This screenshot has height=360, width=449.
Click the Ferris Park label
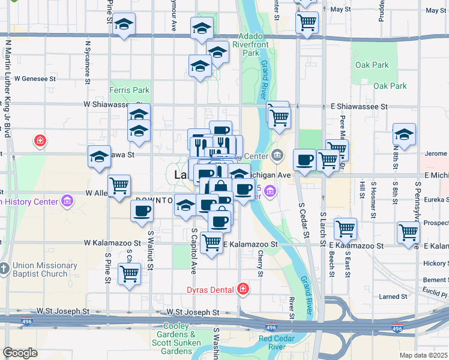[129, 91]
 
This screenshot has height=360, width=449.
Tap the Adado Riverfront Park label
[259, 44]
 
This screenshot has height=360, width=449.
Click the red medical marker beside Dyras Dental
[243, 290]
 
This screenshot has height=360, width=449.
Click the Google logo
[20, 353]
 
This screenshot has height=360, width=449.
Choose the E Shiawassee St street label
[359, 106]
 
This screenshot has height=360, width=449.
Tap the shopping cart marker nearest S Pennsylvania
[408, 232]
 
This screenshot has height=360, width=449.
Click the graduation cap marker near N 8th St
[404, 134]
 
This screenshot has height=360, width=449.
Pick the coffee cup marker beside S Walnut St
[142, 211]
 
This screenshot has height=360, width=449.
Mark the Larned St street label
[393, 296]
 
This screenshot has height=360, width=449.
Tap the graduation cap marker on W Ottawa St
[99, 157]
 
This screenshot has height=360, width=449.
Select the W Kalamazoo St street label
[112, 243]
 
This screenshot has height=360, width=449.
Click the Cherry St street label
[261, 265]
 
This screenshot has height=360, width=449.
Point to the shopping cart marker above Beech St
[345, 229]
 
